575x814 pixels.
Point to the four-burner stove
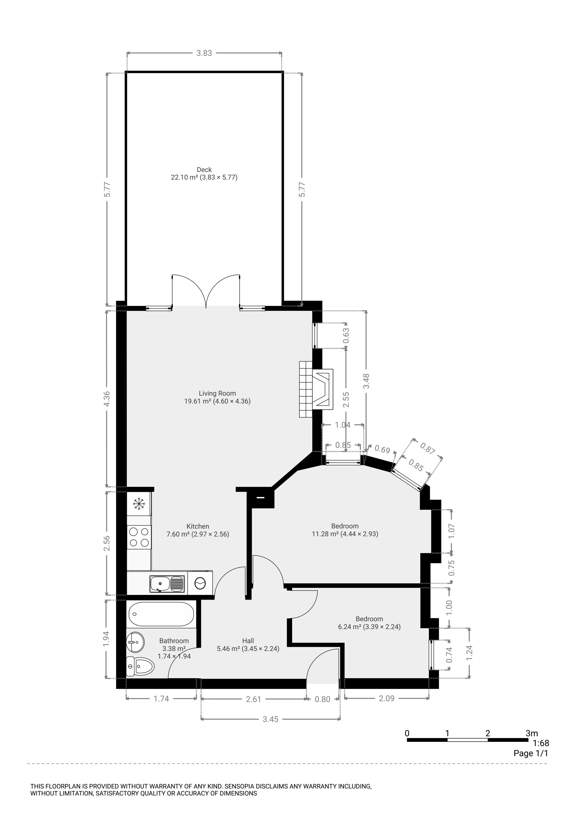(x=139, y=537)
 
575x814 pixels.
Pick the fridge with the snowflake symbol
(x=139, y=503)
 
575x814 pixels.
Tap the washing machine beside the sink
(x=200, y=583)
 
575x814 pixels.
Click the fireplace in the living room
(x=316, y=389)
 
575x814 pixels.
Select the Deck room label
(x=204, y=174)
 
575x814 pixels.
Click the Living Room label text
(x=217, y=397)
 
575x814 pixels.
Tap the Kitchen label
(x=198, y=530)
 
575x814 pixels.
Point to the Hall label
(x=248, y=645)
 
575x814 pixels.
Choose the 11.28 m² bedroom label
(x=345, y=530)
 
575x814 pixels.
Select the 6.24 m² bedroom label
(x=369, y=623)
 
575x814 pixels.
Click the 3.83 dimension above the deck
(x=204, y=53)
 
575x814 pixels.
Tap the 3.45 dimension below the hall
(x=271, y=719)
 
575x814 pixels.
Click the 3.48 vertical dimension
(x=366, y=381)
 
